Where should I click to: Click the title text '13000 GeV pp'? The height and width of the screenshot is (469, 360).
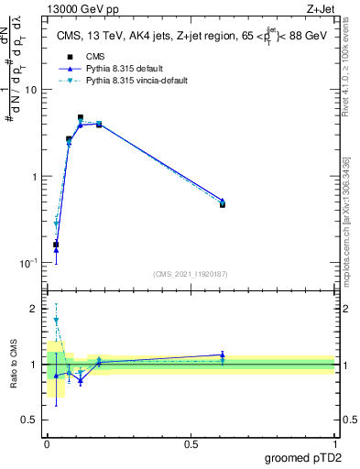(76, 10)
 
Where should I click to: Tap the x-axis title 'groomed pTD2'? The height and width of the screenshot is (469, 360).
(303, 456)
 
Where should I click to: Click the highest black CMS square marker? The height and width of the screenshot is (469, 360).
(81, 118)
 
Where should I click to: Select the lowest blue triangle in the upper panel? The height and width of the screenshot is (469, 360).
(56, 249)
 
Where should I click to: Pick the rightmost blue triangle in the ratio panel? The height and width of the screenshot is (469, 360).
(223, 354)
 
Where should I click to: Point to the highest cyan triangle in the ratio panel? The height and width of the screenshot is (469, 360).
(56, 321)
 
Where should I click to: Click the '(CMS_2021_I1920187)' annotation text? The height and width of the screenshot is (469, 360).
(190, 273)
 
